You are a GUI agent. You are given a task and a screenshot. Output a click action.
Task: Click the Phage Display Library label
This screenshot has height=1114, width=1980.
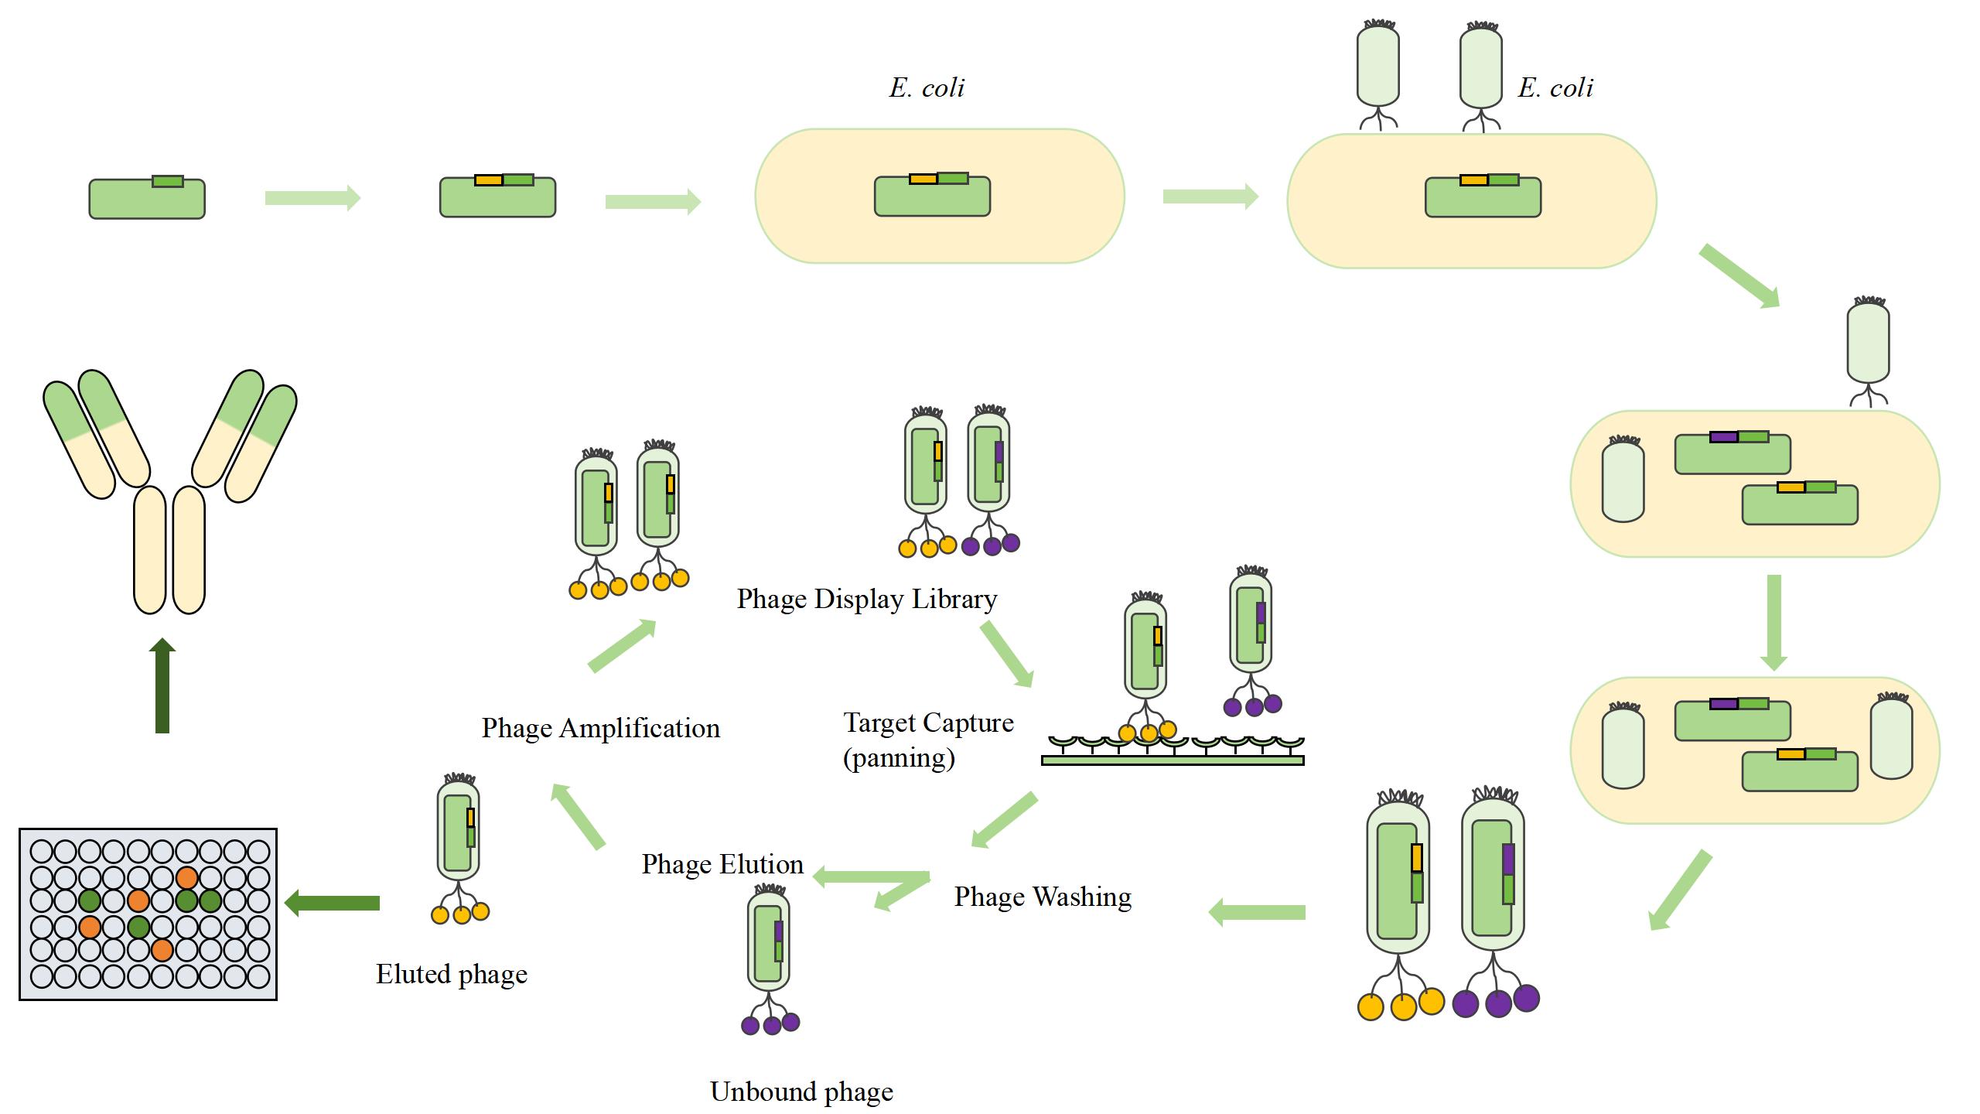coord(866,600)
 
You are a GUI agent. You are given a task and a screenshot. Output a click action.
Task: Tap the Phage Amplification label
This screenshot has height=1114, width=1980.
coord(600,729)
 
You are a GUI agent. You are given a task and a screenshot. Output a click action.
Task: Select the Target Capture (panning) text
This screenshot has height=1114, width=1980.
coord(927,740)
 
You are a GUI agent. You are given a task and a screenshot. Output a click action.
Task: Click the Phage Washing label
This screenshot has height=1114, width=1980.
coord(1042,897)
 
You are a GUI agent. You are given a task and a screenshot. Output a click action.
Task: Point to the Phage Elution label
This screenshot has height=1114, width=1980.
coord(722,864)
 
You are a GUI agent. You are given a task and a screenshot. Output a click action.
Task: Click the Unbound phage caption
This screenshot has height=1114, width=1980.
coord(801,1092)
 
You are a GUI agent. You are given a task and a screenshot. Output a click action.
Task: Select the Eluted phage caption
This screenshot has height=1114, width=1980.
coord(452,974)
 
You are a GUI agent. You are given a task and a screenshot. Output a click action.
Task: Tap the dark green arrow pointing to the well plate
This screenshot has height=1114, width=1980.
coord(333,903)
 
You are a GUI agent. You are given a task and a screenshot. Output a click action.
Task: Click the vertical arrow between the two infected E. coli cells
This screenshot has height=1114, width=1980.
coord(1773,622)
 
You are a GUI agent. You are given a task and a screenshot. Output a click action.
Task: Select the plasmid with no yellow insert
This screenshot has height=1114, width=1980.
coord(147,198)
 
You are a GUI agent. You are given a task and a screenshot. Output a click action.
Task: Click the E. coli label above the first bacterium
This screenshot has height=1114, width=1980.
coord(927,88)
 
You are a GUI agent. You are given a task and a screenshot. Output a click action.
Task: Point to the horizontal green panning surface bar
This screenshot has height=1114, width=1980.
coord(1173,760)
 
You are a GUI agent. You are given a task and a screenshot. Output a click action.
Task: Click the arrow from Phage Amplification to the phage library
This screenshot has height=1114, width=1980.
coord(622,646)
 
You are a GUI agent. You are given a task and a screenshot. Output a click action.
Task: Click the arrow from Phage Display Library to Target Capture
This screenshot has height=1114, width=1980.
coord(1007,654)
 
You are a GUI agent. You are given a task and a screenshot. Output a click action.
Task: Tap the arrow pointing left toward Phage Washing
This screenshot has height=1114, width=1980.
coord(1257,913)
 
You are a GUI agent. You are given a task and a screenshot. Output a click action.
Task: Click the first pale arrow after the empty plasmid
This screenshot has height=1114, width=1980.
coord(312,198)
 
